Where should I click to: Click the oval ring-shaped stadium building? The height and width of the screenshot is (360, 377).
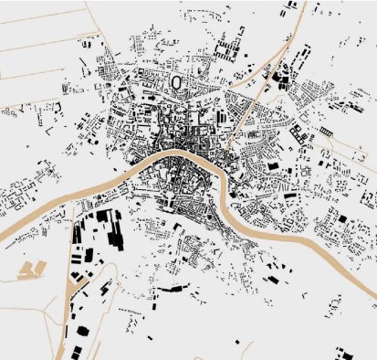coord(177,83)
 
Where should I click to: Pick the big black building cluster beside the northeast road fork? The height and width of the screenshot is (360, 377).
coord(281,80)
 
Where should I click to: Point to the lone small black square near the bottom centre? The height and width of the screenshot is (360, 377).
coord(236,342)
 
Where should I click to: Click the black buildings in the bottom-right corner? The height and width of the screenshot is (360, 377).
coord(347,355)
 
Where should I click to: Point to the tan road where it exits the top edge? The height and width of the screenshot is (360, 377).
coord(291,4)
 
